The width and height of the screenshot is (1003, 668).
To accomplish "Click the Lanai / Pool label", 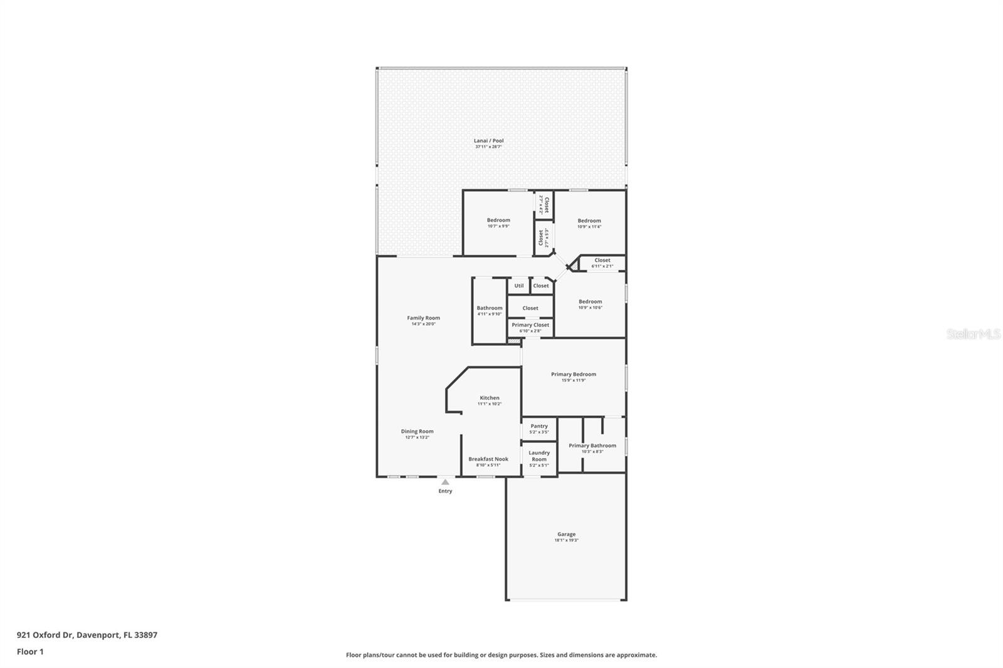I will click(x=488, y=141).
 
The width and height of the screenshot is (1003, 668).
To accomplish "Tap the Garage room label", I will click(x=566, y=535).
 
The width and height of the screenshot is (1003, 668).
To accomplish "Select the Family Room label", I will click(x=423, y=318).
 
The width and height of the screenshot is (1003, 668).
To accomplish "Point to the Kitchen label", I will click(x=490, y=398).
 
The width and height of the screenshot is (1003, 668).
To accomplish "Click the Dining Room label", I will click(x=417, y=432).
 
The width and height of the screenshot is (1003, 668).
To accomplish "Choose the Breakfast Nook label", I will click(x=488, y=459).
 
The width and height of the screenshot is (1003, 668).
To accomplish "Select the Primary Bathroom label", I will click(x=592, y=446).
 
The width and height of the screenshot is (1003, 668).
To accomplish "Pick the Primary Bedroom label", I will click(x=574, y=375).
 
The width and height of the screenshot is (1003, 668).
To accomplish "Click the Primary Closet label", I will click(x=530, y=325).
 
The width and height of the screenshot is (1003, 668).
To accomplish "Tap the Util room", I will click(x=519, y=286).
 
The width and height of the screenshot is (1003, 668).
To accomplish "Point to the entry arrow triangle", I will click(x=445, y=482).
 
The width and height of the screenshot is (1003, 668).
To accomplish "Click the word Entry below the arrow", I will click(x=445, y=491).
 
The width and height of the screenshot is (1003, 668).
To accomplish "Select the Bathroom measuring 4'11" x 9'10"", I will click(x=490, y=308).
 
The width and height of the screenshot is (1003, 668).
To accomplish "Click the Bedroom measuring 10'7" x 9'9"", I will click(x=498, y=221).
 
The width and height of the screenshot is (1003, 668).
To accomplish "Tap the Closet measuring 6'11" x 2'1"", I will click(x=602, y=261).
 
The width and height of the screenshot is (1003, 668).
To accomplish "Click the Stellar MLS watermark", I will click(x=974, y=335).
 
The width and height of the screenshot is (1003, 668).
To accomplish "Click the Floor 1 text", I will click(x=30, y=652).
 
